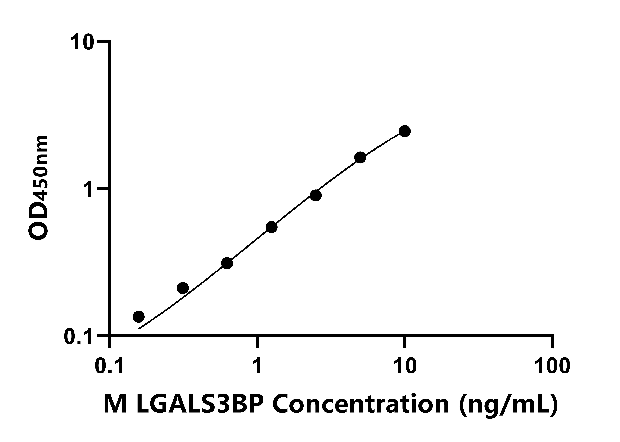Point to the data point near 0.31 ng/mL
tap(183, 288)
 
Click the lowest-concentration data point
tap(139, 317)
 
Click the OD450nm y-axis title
tap(39, 188)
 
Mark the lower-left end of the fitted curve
tap(139, 329)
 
